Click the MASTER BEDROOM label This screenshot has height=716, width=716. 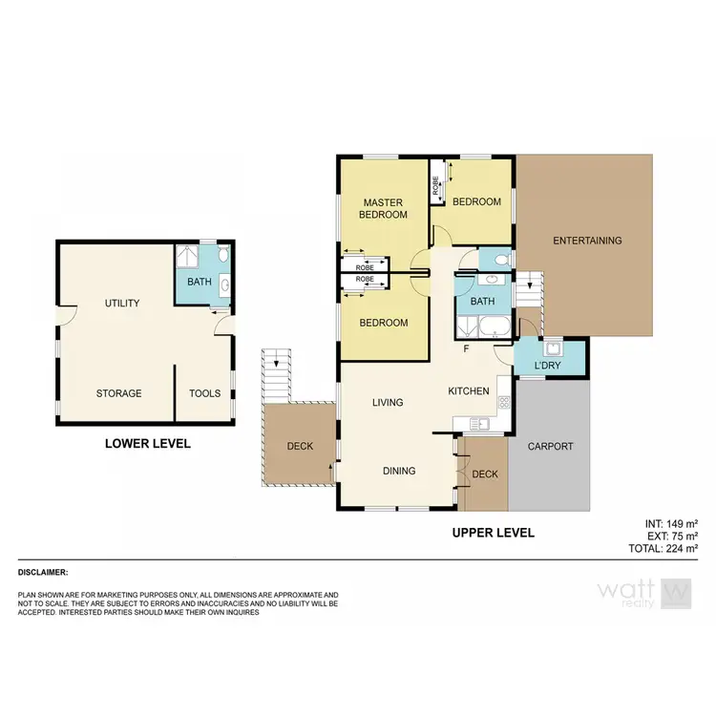pyautogui.click(x=383, y=208)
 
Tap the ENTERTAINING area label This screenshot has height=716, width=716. pyautogui.click(x=587, y=241)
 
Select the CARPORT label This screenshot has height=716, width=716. pyautogui.click(x=551, y=446)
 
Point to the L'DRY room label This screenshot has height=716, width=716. pyautogui.click(x=547, y=367)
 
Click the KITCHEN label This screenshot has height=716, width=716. pyautogui.click(x=469, y=391)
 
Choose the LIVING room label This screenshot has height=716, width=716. pyautogui.click(x=388, y=403)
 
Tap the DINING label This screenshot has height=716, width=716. pyautogui.click(x=399, y=471)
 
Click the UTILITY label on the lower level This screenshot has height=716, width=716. pyautogui.click(x=122, y=304)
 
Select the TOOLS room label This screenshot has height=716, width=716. pyautogui.click(x=204, y=393)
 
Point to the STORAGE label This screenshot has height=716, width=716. pyautogui.click(x=118, y=393)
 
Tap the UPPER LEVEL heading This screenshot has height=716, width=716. pyautogui.click(x=493, y=533)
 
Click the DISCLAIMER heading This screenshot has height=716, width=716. pyautogui.click(x=43, y=572)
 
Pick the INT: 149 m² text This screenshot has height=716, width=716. pyautogui.click(x=671, y=523)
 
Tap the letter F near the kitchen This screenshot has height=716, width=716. pyautogui.click(x=465, y=348)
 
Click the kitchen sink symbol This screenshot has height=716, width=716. pyautogui.click(x=483, y=423)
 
